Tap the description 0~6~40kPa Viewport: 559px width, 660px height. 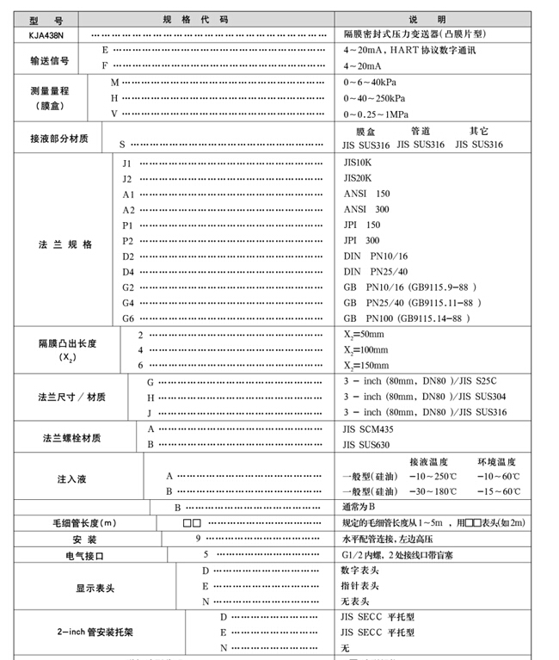[375, 82]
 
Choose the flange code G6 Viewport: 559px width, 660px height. [127, 318]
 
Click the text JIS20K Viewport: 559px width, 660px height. [359, 178]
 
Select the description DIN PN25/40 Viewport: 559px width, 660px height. [376, 271]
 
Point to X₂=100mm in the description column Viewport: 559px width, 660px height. [365, 350]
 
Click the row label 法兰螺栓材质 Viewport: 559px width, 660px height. [71, 437]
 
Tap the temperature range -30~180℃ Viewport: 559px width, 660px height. [434, 491]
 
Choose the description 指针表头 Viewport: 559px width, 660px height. [360, 586]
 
